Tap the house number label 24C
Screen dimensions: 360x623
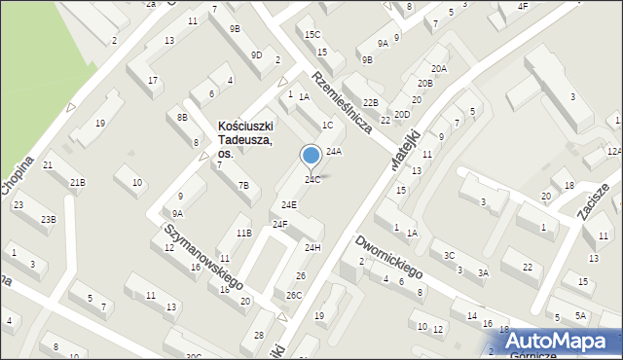(x=312, y=179)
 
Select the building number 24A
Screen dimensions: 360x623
(x=334, y=152)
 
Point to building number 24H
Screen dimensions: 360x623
(x=312, y=248)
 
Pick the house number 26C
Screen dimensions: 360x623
(x=294, y=295)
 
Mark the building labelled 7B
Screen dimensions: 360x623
(x=243, y=185)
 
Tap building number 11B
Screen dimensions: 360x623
(x=243, y=233)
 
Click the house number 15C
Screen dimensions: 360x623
(x=311, y=35)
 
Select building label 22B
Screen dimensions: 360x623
(x=370, y=102)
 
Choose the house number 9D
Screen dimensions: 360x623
(x=256, y=54)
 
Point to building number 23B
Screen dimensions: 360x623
(x=48, y=219)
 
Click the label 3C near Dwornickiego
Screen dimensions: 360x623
(x=449, y=255)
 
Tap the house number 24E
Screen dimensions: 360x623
(x=289, y=205)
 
